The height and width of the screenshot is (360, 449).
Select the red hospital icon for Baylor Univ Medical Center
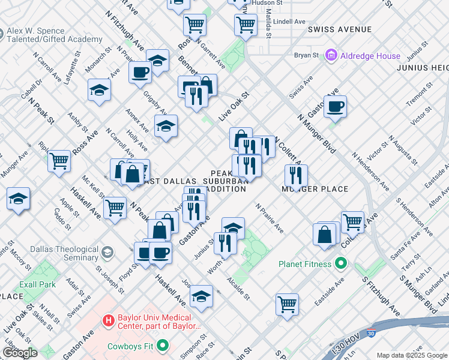click(x=109, y=321)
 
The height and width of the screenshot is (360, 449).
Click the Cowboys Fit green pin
click(x=163, y=346)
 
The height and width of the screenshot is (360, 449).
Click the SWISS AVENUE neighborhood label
click(x=339, y=29)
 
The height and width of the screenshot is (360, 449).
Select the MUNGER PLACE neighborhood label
click(x=315, y=189)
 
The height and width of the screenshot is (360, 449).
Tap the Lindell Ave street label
click(x=289, y=21)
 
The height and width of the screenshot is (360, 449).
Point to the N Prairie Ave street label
click(x=270, y=218)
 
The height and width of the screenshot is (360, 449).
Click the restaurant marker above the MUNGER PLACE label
click(x=296, y=175)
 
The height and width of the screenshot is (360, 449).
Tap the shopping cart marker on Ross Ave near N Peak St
click(x=59, y=161)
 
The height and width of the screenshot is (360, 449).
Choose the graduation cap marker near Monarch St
click(x=99, y=91)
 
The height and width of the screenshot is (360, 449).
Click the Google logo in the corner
click(x=19, y=352)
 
